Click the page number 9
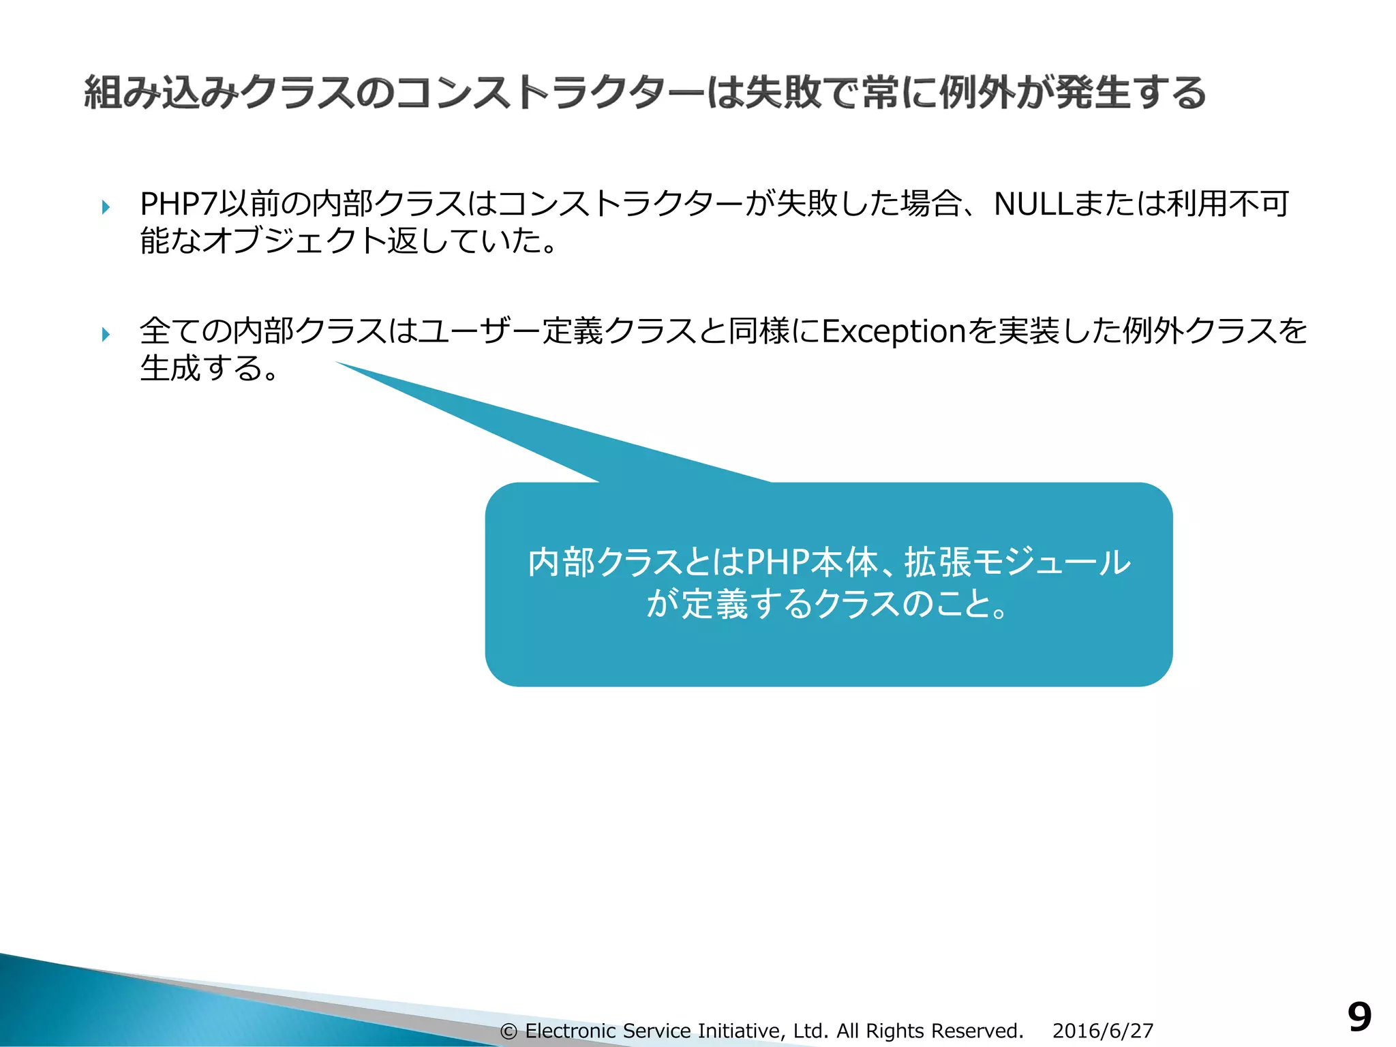(x=1359, y=1018)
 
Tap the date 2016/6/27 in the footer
(x=1102, y=1031)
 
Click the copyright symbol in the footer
(x=509, y=1031)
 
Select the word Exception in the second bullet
(x=894, y=331)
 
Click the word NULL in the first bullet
(x=1033, y=204)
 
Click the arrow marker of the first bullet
(x=106, y=207)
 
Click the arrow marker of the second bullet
(x=106, y=334)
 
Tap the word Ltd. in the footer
(x=810, y=1031)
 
